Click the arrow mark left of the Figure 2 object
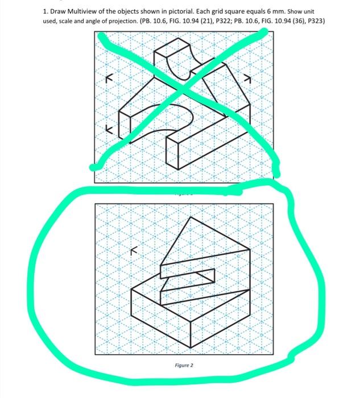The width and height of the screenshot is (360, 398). pyautogui.click(x=134, y=248)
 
